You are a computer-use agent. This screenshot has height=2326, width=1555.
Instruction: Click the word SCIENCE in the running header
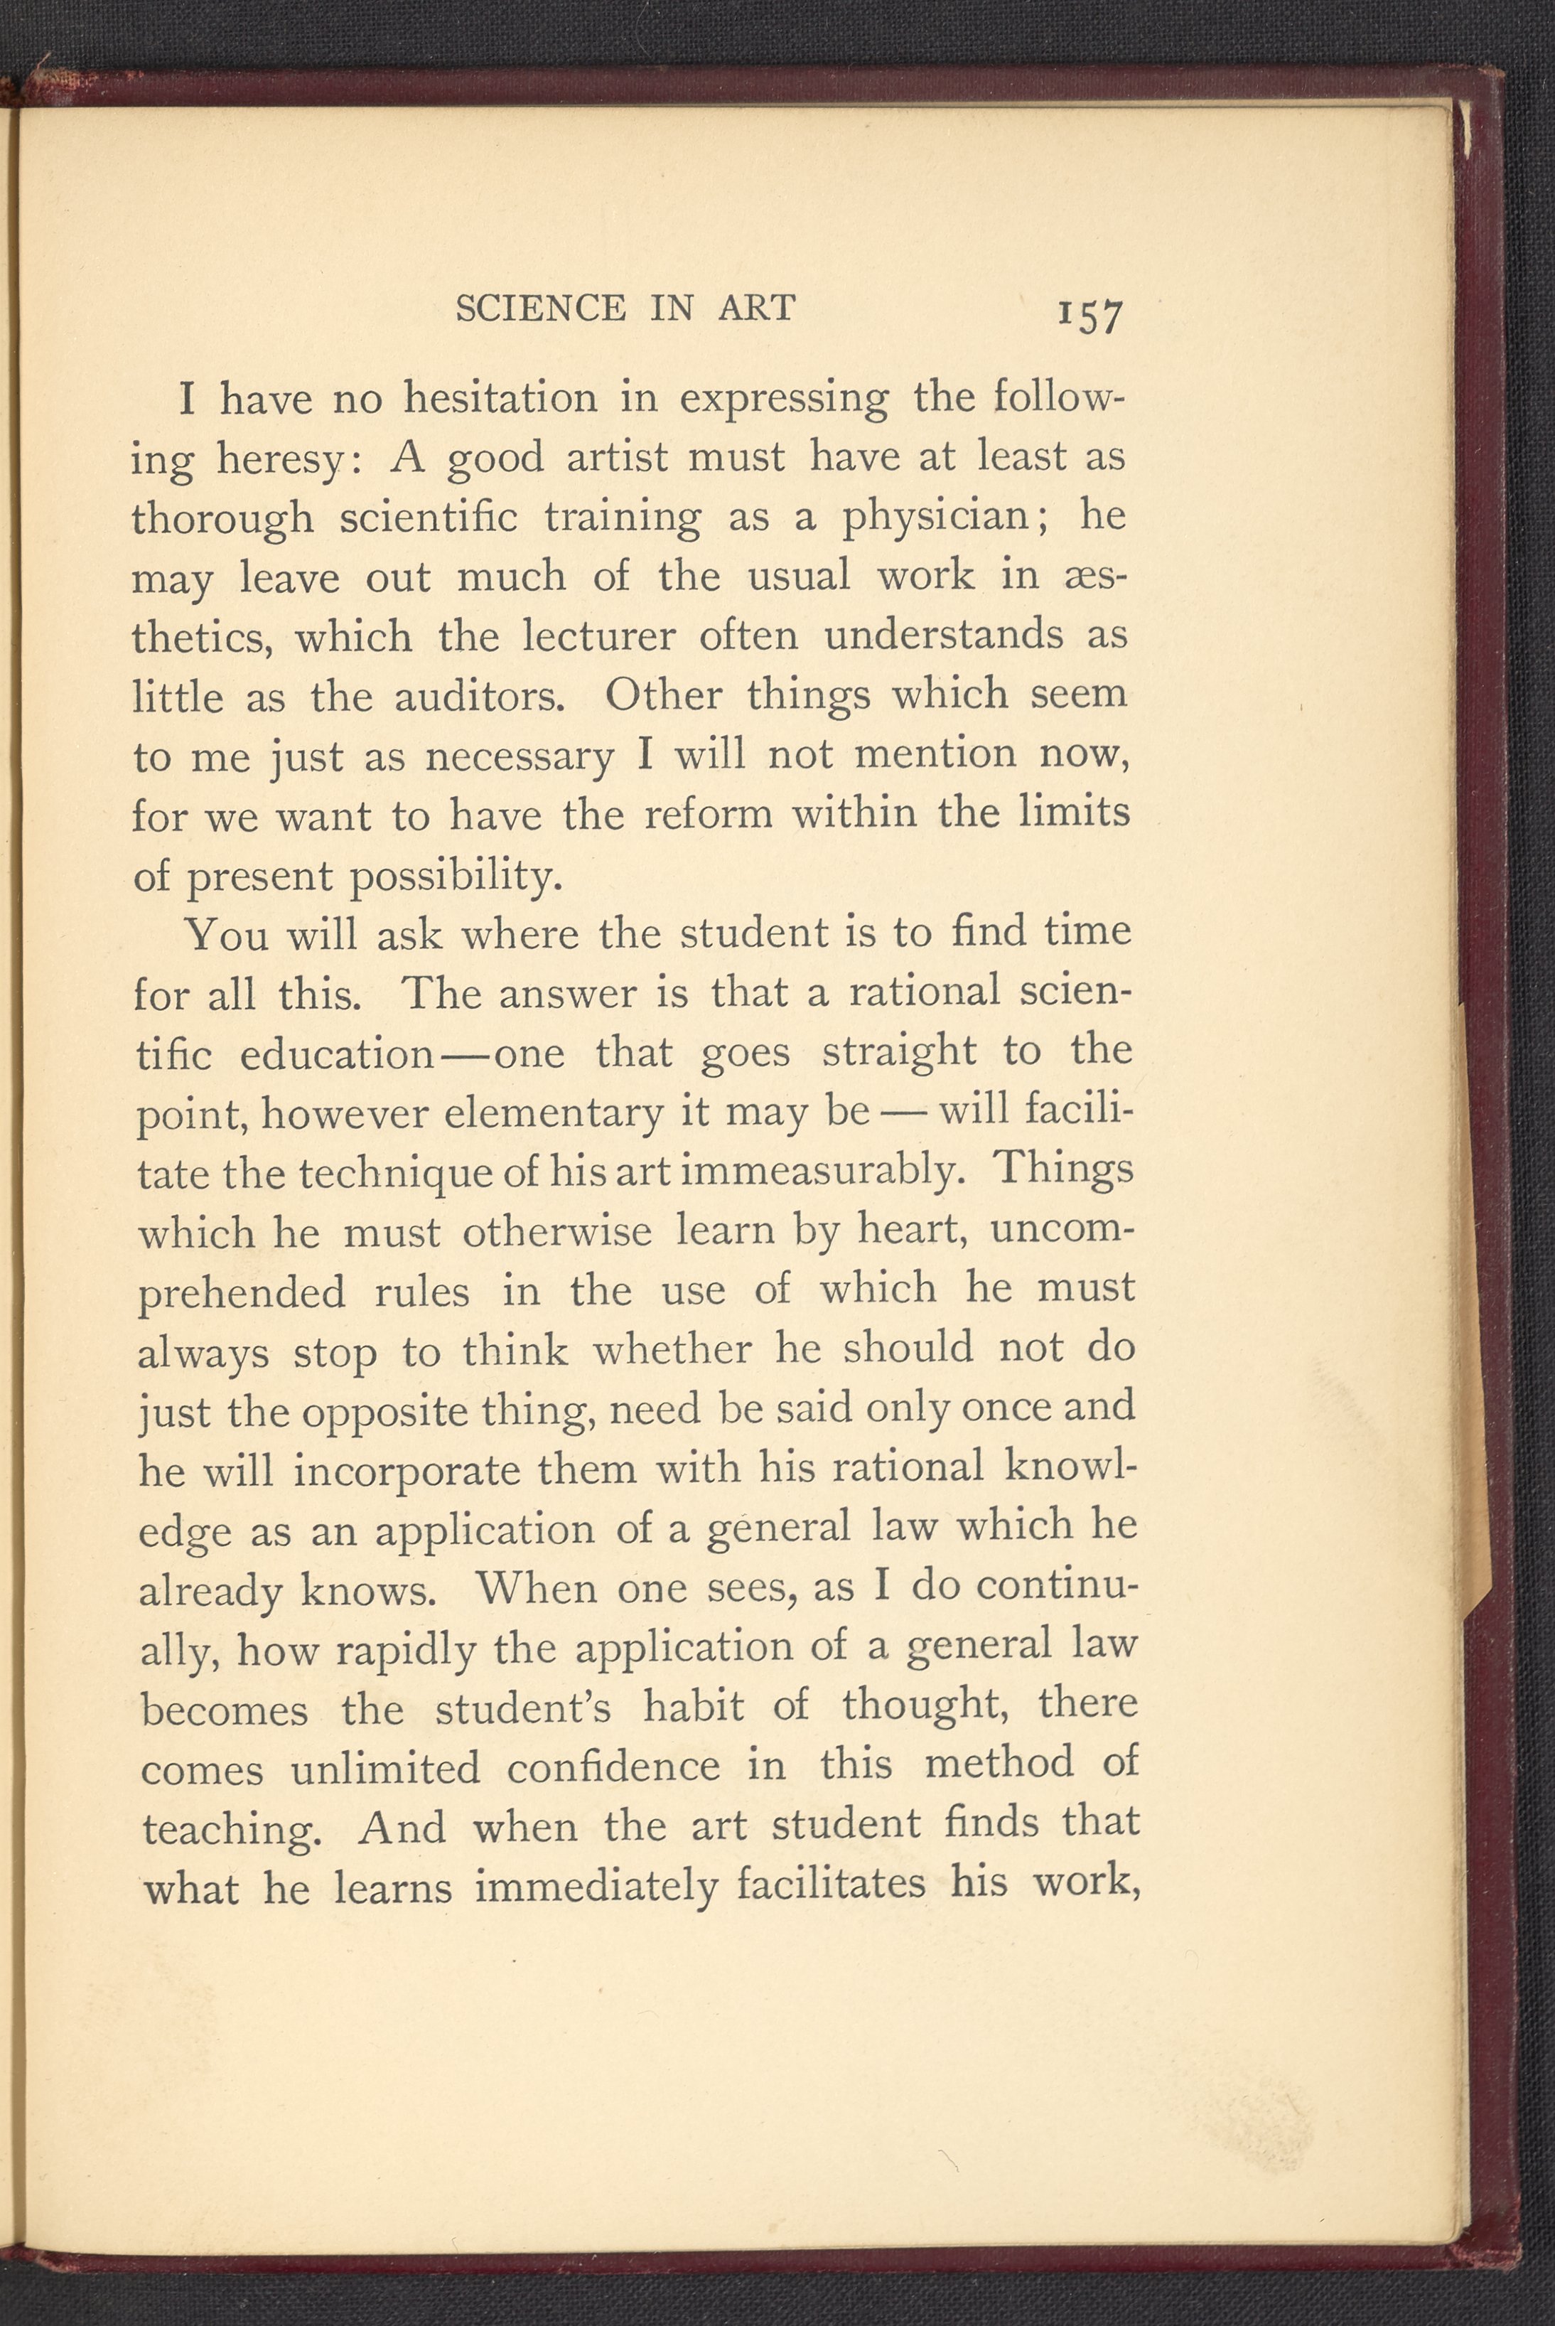(x=540, y=309)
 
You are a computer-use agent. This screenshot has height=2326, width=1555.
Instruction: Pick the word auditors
(x=479, y=697)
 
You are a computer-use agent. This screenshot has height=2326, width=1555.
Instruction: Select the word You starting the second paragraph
(x=228, y=933)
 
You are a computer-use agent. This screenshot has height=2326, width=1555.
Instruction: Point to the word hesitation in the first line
(x=501, y=400)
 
